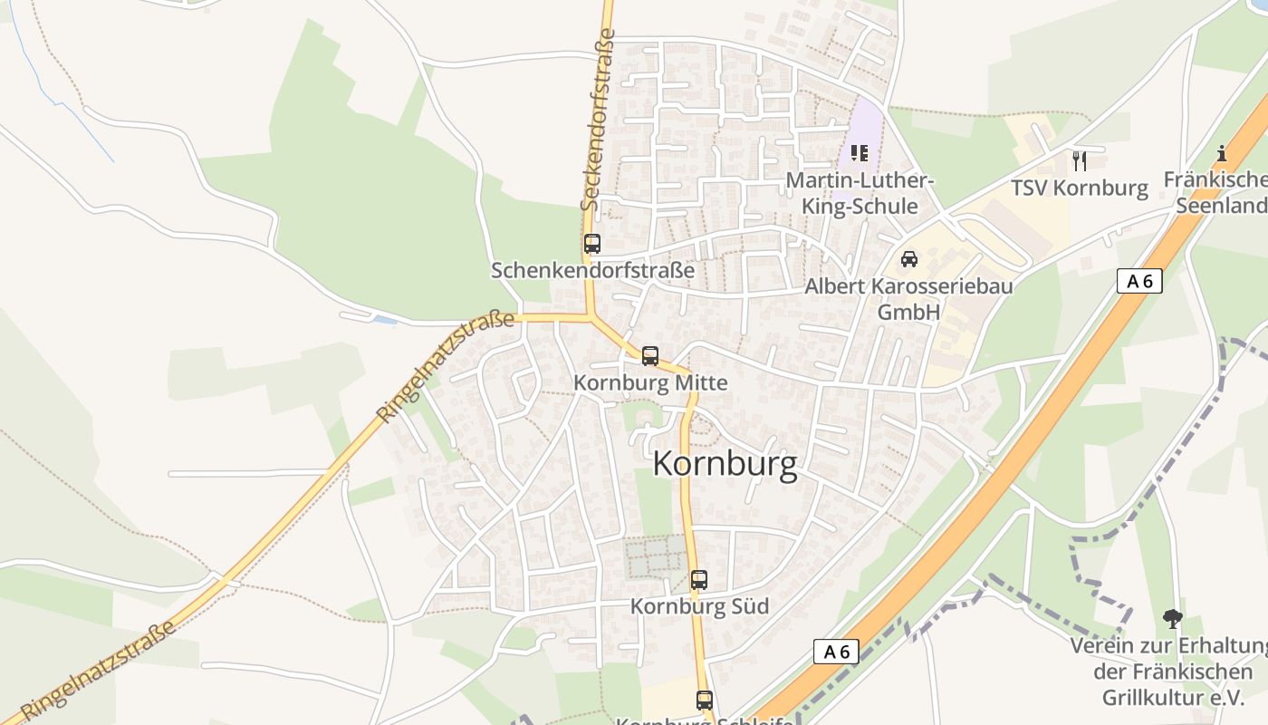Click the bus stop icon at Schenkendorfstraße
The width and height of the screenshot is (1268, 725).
tap(592, 244)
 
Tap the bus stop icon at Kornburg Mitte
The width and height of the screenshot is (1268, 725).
tap(650, 356)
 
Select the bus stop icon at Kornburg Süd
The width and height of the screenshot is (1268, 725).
tap(699, 580)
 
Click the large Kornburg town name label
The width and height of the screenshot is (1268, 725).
tap(725, 464)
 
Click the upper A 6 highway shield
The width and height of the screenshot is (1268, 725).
tap(1139, 281)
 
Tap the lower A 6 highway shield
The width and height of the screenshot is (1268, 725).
tap(836, 651)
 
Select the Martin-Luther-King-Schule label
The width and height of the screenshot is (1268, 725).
tap(859, 193)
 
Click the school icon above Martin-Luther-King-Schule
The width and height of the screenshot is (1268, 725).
tap(860, 153)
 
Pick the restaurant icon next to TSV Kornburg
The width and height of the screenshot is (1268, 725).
tap(1079, 161)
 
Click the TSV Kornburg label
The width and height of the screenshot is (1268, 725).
tap(1080, 188)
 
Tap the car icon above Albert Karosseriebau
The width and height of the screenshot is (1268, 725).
tap(909, 259)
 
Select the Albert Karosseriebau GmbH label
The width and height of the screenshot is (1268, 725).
tap(908, 299)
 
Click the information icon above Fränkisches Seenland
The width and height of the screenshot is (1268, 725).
tap(1222, 153)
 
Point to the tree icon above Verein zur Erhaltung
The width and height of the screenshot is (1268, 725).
tap(1173, 620)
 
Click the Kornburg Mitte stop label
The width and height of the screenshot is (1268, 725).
tap(650, 383)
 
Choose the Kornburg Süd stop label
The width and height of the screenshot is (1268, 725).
tap(699, 606)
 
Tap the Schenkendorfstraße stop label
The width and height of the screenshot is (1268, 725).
tap(592, 270)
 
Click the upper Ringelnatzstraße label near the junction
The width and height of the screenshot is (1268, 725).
tap(446, 367)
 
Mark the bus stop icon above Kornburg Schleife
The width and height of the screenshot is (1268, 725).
tap(705, 700)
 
